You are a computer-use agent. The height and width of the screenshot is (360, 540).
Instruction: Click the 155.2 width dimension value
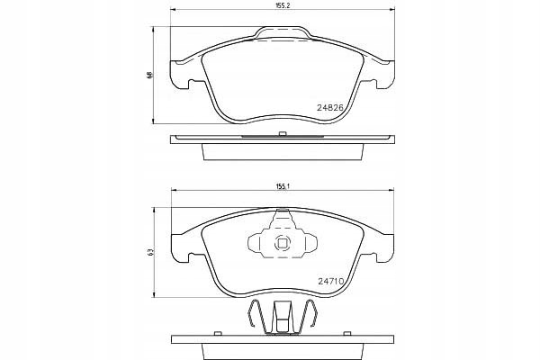[x=283, y=6]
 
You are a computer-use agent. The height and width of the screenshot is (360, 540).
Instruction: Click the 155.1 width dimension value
[x=283, y=186]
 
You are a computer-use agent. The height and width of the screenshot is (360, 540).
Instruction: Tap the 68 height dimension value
[x=149, y=75]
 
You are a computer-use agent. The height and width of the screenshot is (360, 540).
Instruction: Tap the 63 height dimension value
[x=149, y=252]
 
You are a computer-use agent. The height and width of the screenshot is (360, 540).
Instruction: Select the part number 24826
[x=330, y=107]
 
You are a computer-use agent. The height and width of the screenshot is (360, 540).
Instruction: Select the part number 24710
[x=330, y=281]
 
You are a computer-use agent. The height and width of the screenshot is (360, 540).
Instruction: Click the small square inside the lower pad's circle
[x=283, y=244]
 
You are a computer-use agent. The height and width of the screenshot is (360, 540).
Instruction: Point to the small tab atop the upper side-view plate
[x=283, y=134]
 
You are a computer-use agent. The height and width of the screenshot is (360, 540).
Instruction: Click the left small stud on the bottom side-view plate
[x=217, y=333]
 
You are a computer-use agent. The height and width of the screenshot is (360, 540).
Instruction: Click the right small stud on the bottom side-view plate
[x=347, y=333]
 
